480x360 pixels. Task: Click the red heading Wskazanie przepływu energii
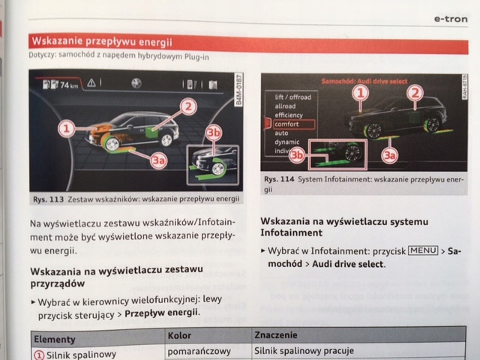[100, 41]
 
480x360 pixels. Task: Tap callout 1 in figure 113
[67, 129]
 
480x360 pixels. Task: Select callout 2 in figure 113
[188, 107]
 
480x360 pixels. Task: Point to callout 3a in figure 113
[157, 158]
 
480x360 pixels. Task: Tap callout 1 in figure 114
[361, 94]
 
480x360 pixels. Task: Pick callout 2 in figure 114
[414, 93]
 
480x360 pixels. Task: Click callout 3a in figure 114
[388, 155]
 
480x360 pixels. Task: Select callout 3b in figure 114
[297, 155]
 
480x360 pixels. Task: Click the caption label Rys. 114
[277, 180]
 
